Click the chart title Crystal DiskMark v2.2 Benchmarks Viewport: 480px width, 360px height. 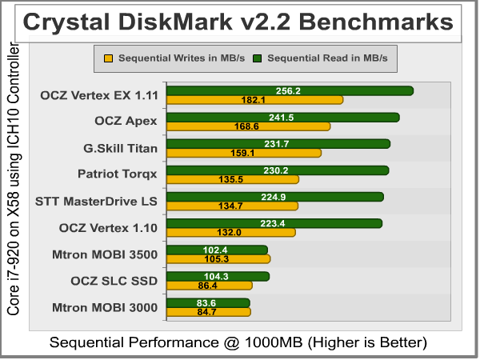(x=238, y=22)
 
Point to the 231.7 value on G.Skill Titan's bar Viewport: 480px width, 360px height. (x=286, y=143)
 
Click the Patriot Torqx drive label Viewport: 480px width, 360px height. (x=118, y=173)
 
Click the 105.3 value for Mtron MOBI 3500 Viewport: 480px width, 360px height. (x=217, y=258)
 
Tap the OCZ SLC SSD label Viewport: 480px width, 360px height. (x=115, y=280)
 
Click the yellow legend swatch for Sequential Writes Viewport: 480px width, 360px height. (x=109, y=58)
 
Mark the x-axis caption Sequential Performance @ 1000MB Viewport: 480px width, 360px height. (x=239, y=342)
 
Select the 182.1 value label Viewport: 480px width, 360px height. (x=253, y=100)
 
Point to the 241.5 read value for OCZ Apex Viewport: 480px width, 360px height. (x=286, y=117)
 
